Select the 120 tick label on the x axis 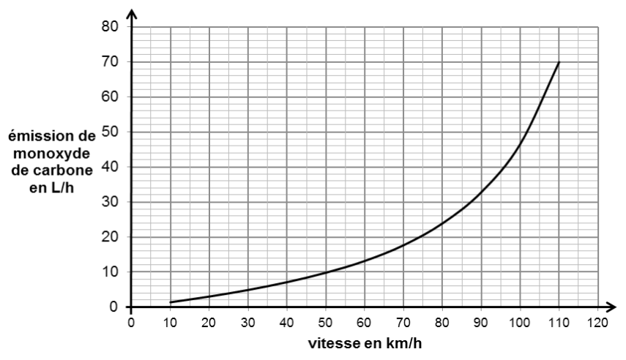pos(598,323)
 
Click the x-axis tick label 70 pos(403,323)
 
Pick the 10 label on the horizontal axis pos(170,323)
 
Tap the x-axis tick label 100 pos(520,323)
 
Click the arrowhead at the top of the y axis pos(132,14)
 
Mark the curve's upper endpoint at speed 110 pos(559,62)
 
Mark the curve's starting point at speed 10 pos(171,302)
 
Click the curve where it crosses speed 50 pos(326,273)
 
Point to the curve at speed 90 pos(481,193)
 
